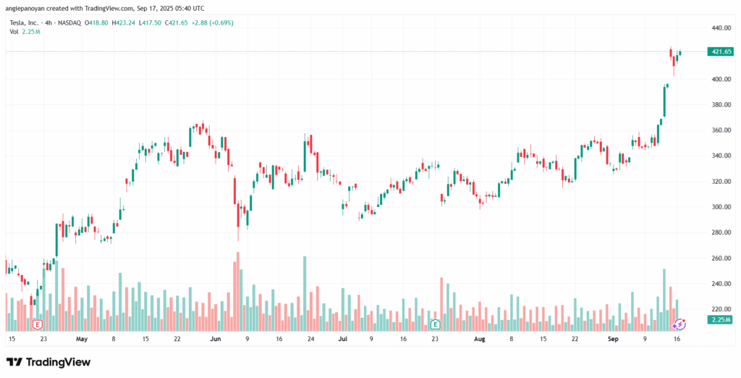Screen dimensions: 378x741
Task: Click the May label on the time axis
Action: pyautogui.click(x=81, y=339)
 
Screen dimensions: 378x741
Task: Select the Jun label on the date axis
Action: pyautogui.click(x=214, y=339)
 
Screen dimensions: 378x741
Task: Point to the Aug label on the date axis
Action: pyautogui.click(x=479, y=339)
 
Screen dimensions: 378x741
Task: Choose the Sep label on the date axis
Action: pyautogui.click(x=612, y=339)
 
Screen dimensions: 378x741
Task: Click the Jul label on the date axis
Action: pyautogui.click(x=343, y=339)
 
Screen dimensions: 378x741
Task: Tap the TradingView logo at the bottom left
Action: pyautogui.click(x=48, y=361)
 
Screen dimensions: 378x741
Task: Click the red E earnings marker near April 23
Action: pyautogui.click(x=37, y=324)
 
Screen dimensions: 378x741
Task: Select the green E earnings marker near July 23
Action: pyautogui.click(x=435, y=324)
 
